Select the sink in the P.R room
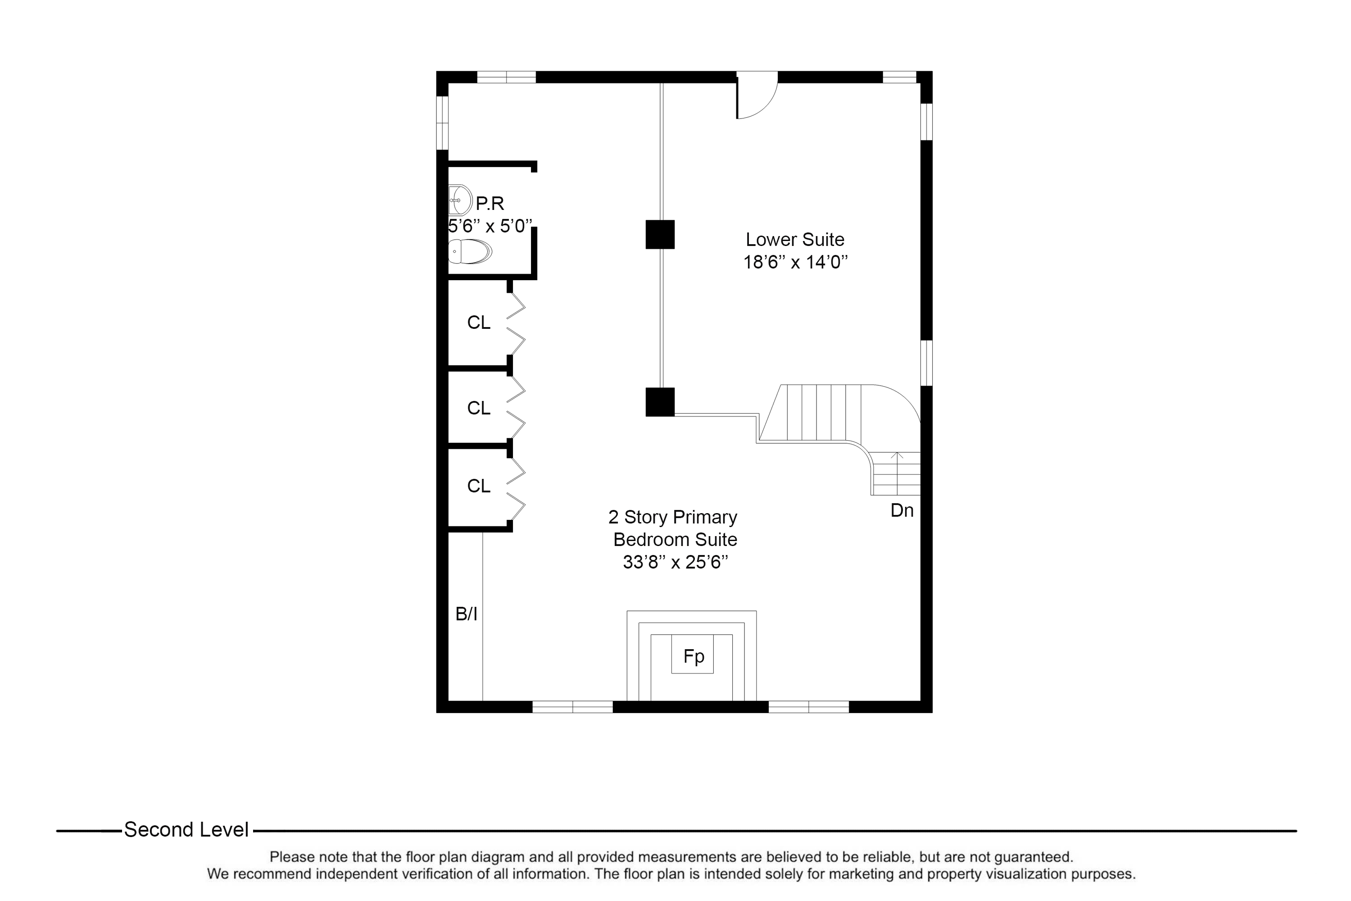pos(459,200)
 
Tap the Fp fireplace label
pos(694,656)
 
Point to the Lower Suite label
pos(794,240)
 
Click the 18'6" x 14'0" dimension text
pos(795,263)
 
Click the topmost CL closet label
pos(478,323)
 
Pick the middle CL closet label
pos(478,408)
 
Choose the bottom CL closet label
pos(478,486)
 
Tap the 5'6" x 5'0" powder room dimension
pos(490,227)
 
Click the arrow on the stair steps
pos(897,457)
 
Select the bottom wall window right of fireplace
pos(808,707)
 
